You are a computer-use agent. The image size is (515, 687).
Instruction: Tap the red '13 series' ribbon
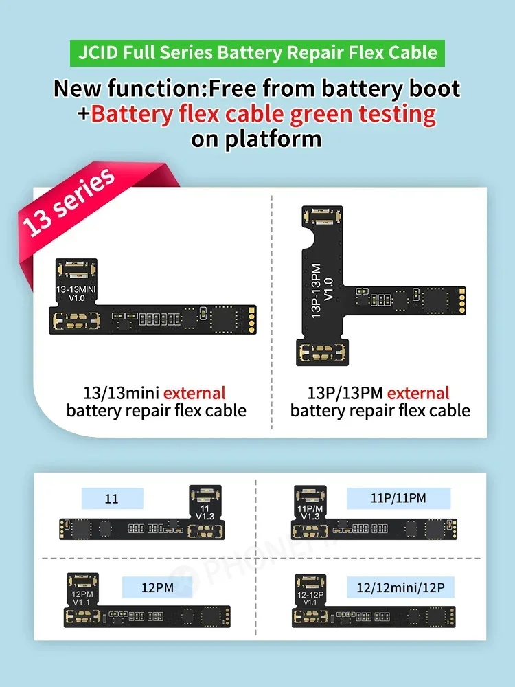(69, 202)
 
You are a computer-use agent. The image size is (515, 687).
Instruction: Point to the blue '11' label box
(112, 499)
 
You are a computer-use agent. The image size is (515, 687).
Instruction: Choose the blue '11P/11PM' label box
(398, 499)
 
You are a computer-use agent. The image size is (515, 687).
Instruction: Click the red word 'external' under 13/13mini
(194, 393)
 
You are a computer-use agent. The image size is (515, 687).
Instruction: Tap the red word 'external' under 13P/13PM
(418, 393)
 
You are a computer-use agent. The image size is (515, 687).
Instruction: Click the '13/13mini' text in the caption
(121, 393)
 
